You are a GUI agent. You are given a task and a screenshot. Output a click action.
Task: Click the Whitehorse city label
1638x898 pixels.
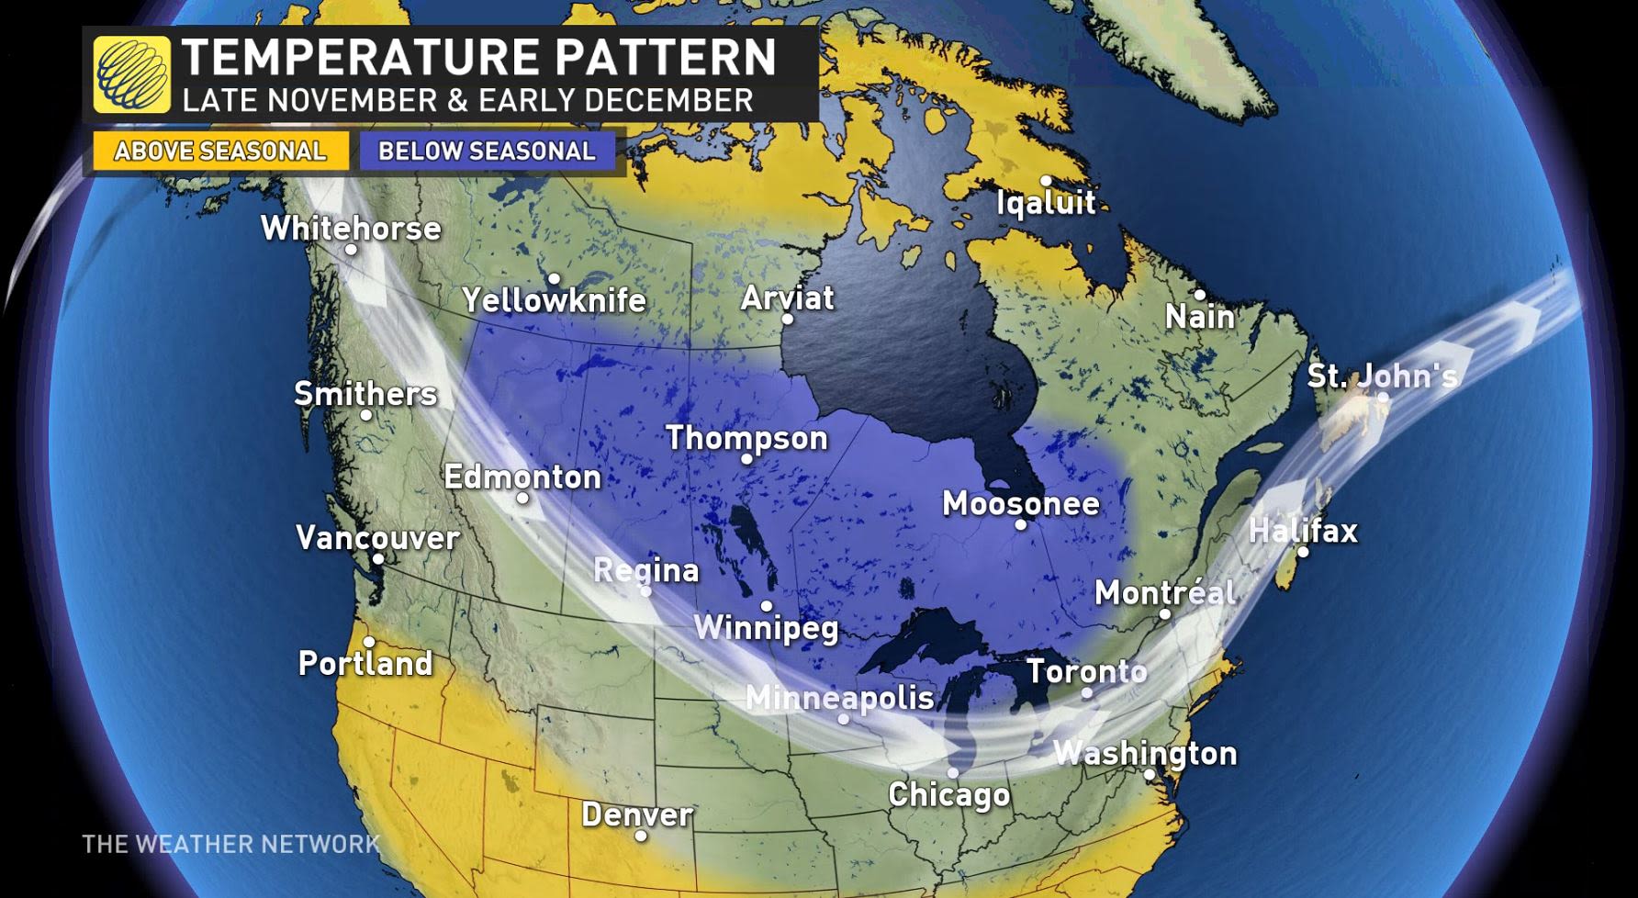click(351, 228)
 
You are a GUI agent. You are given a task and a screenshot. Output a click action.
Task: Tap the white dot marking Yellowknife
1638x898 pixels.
click(554, 279)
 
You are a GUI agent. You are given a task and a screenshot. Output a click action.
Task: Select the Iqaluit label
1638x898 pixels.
click(1046, 202)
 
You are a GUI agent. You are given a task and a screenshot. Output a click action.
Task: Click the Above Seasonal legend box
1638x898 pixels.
click(220, 152)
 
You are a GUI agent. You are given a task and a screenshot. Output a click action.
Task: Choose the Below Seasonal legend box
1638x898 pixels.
click(487, 152)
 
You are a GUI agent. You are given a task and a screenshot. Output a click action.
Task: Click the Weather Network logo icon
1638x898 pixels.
click(132, 74)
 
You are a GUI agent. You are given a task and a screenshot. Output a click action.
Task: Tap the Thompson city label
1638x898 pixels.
click(746, 437)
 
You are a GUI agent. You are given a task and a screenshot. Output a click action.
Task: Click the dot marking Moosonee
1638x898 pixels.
click(1020, 525)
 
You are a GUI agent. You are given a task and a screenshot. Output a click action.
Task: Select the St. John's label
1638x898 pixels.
click(1381, 376)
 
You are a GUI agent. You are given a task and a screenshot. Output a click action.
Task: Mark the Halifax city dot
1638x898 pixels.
click(1302, 552)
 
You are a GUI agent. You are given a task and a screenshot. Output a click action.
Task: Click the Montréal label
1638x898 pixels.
click(1164, 592)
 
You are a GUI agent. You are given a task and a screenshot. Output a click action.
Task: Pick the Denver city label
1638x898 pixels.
click(637, 814)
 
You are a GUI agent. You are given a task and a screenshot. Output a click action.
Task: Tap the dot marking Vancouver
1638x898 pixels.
click(377, 558)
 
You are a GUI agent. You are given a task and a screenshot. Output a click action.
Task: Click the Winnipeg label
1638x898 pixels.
click(766, 628)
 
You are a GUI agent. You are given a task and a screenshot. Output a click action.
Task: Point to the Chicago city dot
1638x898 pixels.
click(953, 773)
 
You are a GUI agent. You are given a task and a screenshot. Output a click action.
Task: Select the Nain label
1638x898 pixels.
click(1199, 317)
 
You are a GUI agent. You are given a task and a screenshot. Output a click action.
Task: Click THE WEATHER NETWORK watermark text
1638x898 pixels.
click(230, 844)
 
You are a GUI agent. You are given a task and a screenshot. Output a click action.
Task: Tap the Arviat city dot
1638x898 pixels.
click(787, 319)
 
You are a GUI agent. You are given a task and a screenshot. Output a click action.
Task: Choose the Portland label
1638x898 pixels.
click(365, 663)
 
